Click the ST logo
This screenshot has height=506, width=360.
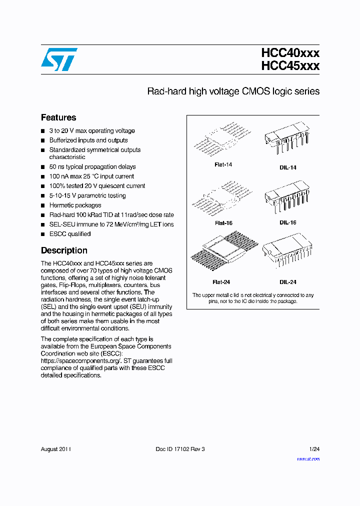click(59, 59)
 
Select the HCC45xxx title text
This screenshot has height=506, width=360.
click(290, 66)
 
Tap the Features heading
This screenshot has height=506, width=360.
click(58, 117)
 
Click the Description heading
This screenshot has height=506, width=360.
click(64, 250)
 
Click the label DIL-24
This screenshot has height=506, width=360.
click(288, 282)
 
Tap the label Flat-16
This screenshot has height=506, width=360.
click(223, 223)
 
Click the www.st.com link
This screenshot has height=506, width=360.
click(308, 458)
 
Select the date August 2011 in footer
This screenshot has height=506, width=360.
click(55, 449)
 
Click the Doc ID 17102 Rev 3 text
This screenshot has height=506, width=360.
click(180, 449)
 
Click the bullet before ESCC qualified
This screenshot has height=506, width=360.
click(43, 234)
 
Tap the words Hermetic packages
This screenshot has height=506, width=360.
click(75, 205)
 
